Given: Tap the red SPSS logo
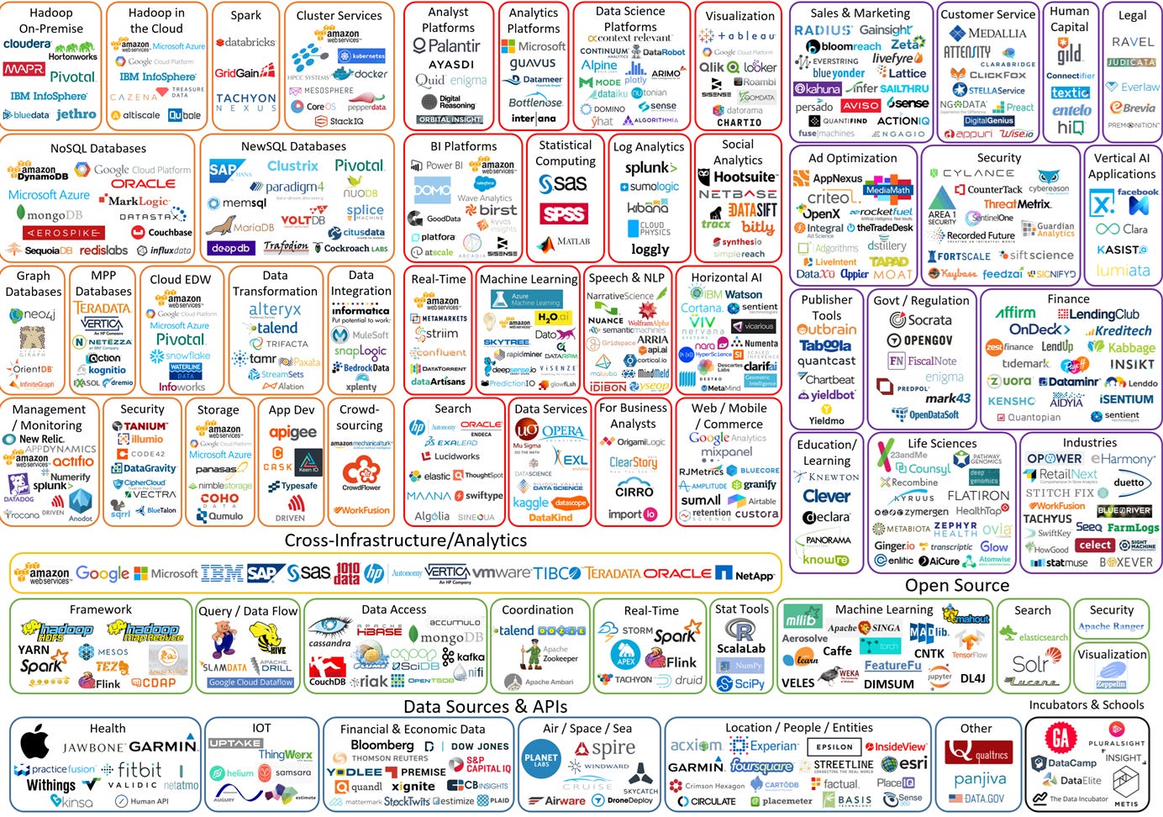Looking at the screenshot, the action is click(563, 214).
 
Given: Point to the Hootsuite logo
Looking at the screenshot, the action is click(738, 177).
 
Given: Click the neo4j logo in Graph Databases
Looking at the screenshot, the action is click(33, 315).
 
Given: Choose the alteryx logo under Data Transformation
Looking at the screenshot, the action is click(275, 310).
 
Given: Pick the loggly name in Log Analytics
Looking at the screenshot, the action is click(650, 249).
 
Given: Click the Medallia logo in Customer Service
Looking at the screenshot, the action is click(986, 34).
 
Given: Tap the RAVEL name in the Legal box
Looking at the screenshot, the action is click(1133, 42).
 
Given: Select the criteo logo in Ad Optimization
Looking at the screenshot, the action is click(829, 198).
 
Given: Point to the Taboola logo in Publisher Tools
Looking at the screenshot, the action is click(825, 345).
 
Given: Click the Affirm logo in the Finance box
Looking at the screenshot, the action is click(1015, 313).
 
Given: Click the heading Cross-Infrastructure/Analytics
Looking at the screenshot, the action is click(406, 540).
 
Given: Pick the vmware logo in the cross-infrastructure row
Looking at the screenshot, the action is click(501, 573).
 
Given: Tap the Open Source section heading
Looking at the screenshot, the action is click(956, 585).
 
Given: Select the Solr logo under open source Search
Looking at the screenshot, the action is click(1030, 663).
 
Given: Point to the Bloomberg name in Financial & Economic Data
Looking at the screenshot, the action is click(382, 746).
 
